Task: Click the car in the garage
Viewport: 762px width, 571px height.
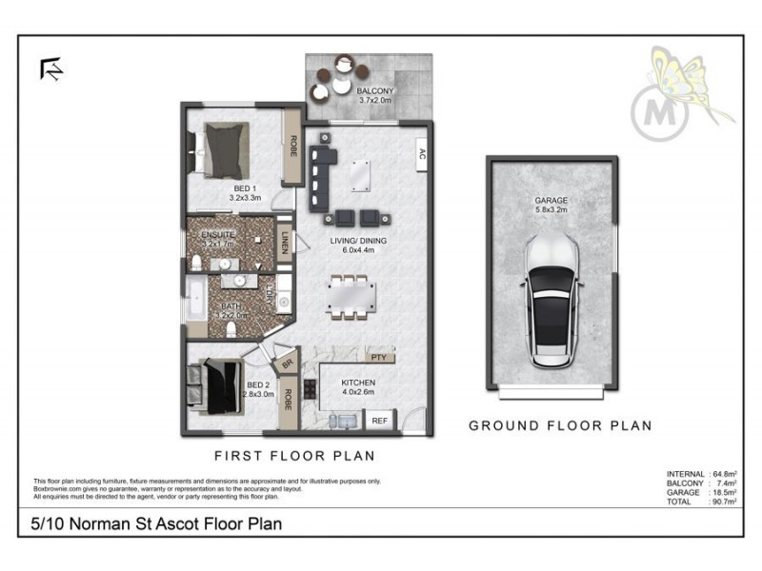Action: tap(551, 303)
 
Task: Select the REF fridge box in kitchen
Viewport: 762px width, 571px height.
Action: tap(379, 420)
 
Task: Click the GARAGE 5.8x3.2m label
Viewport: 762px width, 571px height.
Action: tap(551, 206)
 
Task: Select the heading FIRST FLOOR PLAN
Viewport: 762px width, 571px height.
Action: tap(293, 455)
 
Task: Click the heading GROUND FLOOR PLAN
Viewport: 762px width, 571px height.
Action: tap(560, 425)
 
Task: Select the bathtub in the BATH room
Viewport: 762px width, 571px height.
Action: tap(195, 300)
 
